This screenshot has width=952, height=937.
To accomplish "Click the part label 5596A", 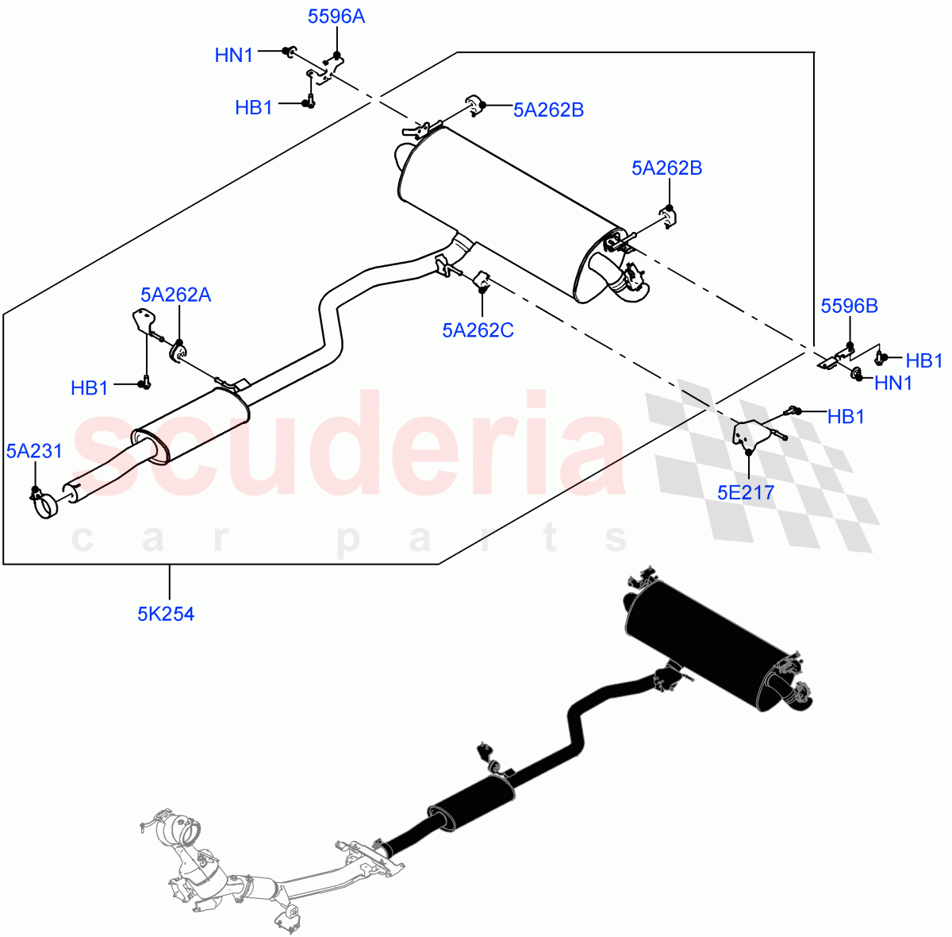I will click(336, 17).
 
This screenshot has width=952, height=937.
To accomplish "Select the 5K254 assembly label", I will click(166, 613).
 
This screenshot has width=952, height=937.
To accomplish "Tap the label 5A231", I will click(34, 451).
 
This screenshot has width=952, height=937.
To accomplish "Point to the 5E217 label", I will click(745, 492).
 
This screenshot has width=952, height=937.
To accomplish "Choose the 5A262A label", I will click(175, 295).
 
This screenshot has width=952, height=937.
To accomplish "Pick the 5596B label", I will click(849, 306).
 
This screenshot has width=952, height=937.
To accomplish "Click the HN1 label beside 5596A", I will click(234, 55).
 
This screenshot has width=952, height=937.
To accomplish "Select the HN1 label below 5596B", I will click(893, 383).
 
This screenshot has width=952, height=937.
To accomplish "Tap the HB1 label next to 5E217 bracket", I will click(846, 416).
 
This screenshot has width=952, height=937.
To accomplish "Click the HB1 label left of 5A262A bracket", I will click(90, 388).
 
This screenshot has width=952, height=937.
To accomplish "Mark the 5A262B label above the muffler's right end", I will click(666, 168).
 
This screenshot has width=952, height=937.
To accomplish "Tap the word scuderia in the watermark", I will click(349, 445).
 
